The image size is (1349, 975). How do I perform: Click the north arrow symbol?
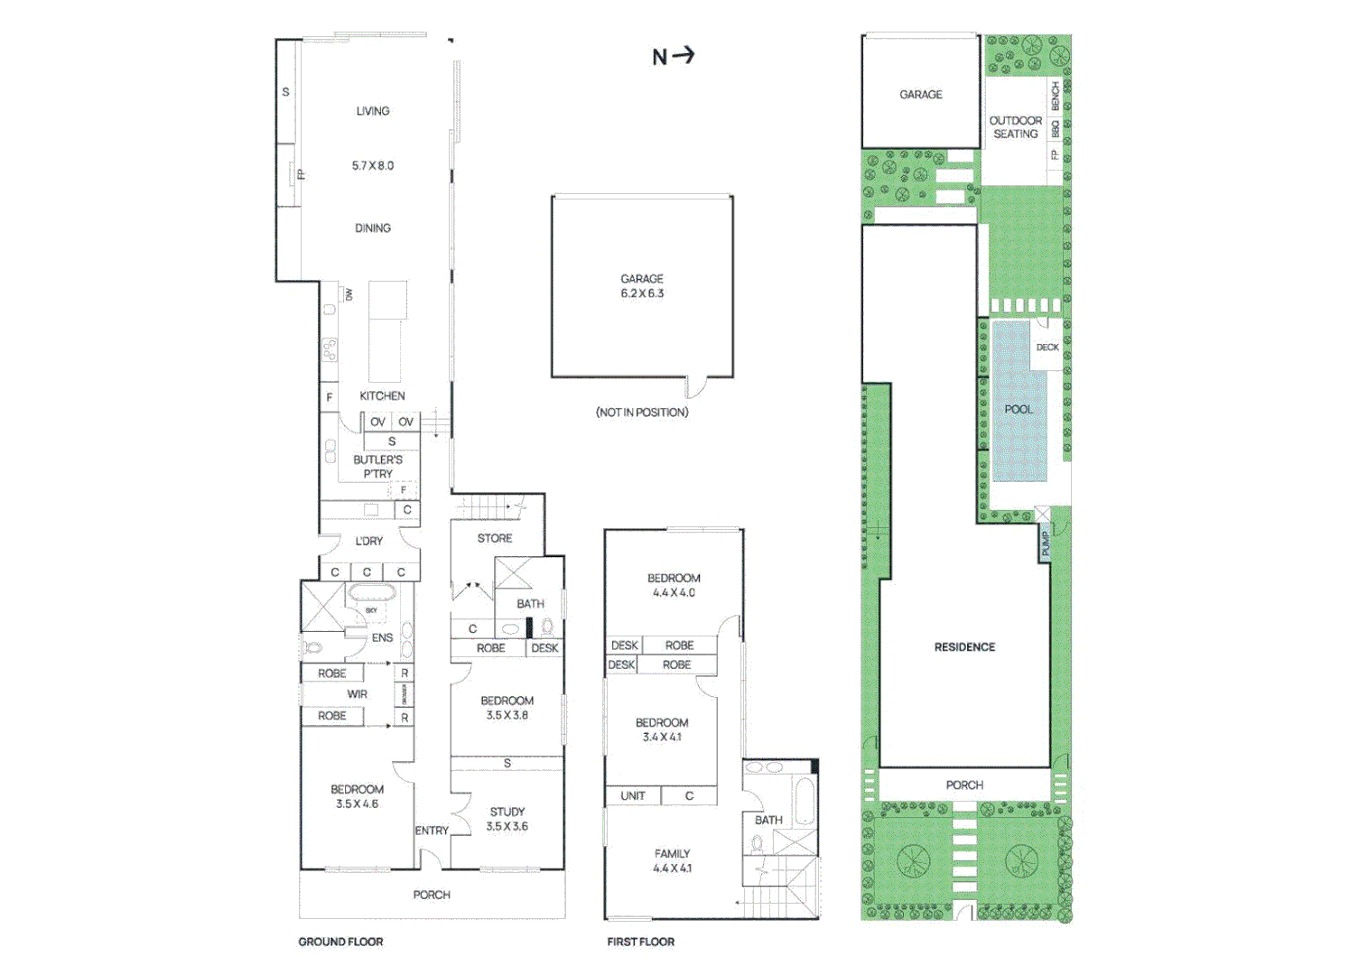pyautogui.click(x=674, y=56)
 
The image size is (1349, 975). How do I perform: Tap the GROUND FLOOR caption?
pyautogui.click(x=340, y=942)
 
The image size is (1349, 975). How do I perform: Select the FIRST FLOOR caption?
pyautogui.click(x=640, y=942)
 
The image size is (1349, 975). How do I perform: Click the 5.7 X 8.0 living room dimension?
pyautogui.click(x=373, y=166)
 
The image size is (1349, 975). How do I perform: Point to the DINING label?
pyautogui.click(x=373, y=228)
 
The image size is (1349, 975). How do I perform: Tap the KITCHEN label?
pyautogui.click(x=382, y=395)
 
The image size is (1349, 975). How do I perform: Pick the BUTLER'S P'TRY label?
pyautogui.click(x=377, y=467)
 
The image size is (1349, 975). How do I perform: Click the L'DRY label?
pyautogui.click(x=368, y=541)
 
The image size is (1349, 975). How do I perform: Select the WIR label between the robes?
pyautogui.click(x=358, y=694)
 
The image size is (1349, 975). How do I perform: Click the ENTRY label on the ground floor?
pyautogui.click(x=432, y=831)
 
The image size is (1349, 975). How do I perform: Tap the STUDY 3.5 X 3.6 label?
pyautogui.click(x=507, y=819)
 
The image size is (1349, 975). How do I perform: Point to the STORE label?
pyautogui.click(x=495, y=538)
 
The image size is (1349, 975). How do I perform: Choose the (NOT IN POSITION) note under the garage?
pyautogui.click(x=642, y=413)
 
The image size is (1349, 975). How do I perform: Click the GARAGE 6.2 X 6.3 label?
pyautogui.click(x=642, y=286)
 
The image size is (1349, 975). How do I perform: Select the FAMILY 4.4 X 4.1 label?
pyautogui.click(x=672, y=860)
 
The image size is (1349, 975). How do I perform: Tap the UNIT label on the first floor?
pyautogui.click(x=633, y=795)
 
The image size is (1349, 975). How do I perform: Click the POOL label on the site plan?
pyautogui.click(x=1019, y=409)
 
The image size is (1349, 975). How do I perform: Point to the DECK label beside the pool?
pyautogui.click(x=1047, y=347)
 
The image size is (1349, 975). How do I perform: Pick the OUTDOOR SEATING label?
pyautogui.click(x=1016, y=127)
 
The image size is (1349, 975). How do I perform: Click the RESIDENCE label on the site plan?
pyautogui.click(x=964, y=647)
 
